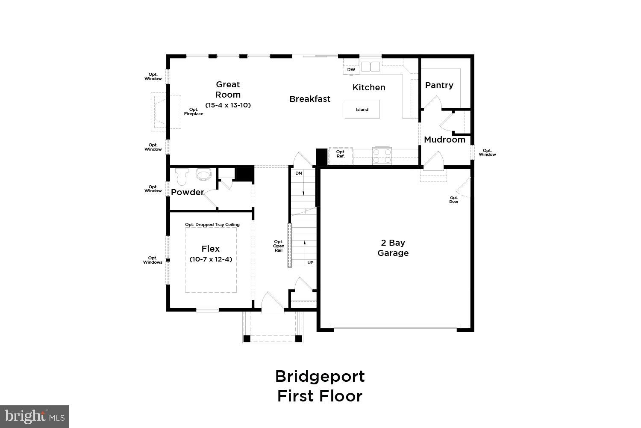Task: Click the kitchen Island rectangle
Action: click(x=362, y=109)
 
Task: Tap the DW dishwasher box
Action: click(x=351, y=69)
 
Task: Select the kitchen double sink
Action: click(x=370, y=67)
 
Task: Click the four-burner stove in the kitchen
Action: click(x=382, y=155)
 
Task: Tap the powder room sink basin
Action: click(x=203, y=175)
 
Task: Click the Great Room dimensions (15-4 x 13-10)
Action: click(x=228, y=105)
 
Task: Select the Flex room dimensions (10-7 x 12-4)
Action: click(x=211, y=259)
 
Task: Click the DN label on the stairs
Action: click(x=299, y=173)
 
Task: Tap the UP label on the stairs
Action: click(x=310, y=262)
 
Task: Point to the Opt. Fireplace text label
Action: click(x=194, y=112)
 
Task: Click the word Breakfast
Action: click(x=310, y=99)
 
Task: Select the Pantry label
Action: click(x=439, y=85)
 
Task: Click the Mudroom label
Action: click(x=444, y=140)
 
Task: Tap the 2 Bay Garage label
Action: click(x=393, y=248)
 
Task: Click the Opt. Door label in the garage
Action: click(x=454, y=199)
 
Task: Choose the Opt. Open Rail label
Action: click(x=279, y=246)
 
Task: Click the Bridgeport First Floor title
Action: click(x=320, y=386)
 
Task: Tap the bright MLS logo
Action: click(x=34, y=416)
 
